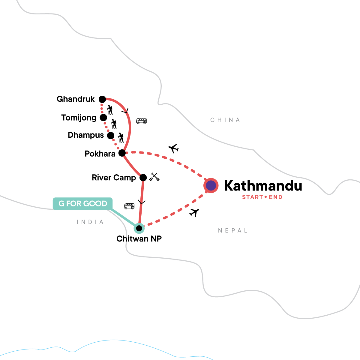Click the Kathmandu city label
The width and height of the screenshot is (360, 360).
coord(263,186)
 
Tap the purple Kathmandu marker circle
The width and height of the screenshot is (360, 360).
coord(211,185)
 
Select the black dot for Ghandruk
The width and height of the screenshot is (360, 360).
coord(102,99)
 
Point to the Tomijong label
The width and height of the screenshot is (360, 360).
coord(79,118)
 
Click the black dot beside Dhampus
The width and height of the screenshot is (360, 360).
coord(111,135)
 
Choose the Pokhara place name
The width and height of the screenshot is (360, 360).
coord(100,154)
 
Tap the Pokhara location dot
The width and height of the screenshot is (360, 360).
coord(122,153)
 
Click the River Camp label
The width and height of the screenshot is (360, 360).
coord(114,178)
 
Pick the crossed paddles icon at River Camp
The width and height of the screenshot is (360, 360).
coord(154,177)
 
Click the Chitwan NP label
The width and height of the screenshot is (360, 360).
coord(139,239)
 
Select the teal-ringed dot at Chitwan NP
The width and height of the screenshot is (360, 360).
coord(139,228)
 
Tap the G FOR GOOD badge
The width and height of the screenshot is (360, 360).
coord(83,204)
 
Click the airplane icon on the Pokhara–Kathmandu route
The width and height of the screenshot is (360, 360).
coord(173,148)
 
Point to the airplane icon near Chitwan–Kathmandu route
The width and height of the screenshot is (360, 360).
coord(194,212)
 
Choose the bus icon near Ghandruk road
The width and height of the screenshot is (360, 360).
coord(141,121)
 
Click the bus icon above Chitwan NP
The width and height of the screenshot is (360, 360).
coord(129,206)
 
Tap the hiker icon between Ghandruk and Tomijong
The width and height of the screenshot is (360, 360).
coord(110,110)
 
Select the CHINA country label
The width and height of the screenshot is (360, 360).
coord(225,120)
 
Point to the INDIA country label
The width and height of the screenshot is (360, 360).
coord(90,222)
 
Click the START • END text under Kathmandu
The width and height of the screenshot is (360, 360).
coord(262,197)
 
